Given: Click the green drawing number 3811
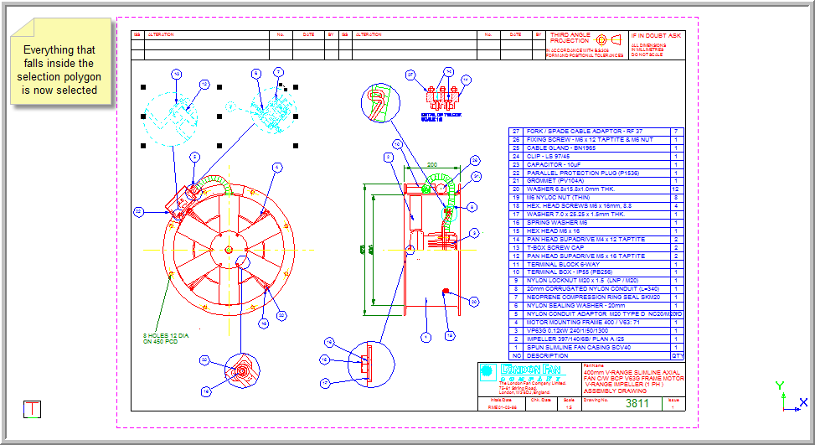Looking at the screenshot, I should click(x=637, y=404).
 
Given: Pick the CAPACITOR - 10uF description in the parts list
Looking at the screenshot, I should click(x=552, y=164).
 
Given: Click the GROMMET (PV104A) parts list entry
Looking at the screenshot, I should click(x=555, y=180).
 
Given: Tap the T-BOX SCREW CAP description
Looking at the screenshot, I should click(x=555, y=247).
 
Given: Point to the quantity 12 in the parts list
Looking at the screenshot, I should click(x=675, y=189).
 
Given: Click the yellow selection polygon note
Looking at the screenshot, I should click(x=59, y=70).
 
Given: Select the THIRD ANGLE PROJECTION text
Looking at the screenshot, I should click(x=570, y=39).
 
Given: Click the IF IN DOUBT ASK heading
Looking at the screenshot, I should click(x=656, y=36).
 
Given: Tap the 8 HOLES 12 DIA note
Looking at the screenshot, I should click(x=166, y=338).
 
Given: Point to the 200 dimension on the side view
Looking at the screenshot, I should click(x=432, y=164).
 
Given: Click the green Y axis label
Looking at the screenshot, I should click(x=780, y=385).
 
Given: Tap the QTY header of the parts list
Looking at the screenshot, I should click(x=677, y=355).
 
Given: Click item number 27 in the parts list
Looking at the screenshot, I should click(x=516, y=132).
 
